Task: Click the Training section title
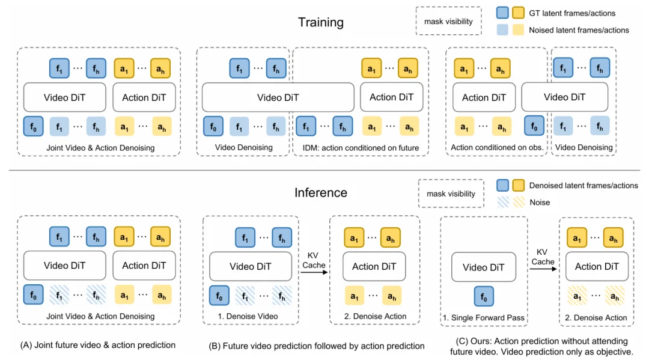(321, 23)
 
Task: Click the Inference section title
(321, 193)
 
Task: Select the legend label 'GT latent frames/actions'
(571, 13)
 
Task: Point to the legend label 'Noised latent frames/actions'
(579, 30)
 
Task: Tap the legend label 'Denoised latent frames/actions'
(583, 186)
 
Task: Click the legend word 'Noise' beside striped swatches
(540, 203)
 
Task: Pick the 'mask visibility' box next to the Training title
(448, 22)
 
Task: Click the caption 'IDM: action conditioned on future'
(361, 148)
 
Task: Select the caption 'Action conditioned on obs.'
(496, 148)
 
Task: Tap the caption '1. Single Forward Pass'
(483, 317)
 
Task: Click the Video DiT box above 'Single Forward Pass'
(483, 267)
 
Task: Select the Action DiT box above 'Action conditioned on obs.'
(483, 97)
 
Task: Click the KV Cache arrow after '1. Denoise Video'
(314, 272)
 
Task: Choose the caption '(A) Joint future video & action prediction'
(98, 345)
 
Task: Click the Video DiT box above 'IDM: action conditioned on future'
(278, 97)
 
